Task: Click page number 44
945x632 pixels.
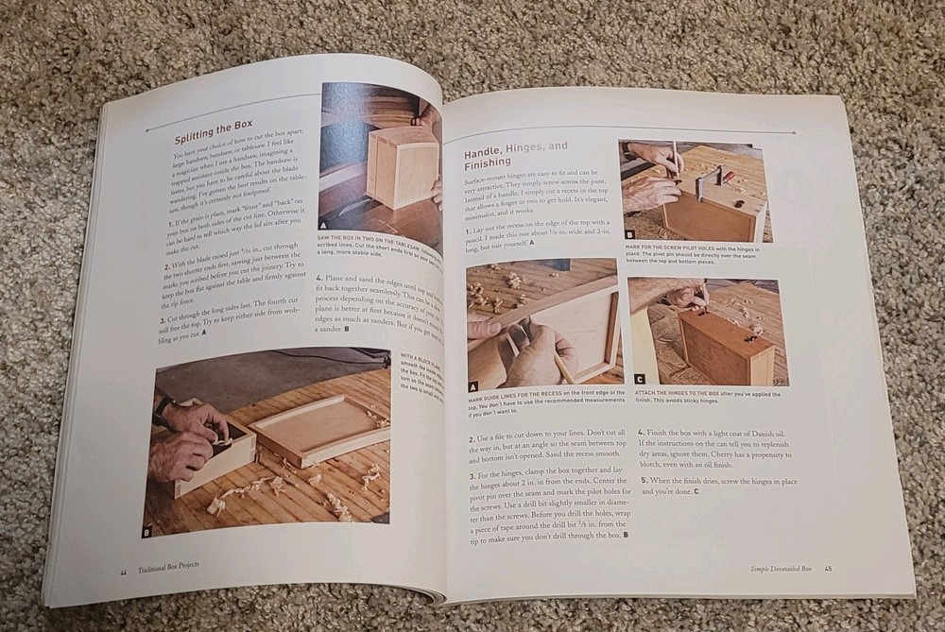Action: pos(123,572)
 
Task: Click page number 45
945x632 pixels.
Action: pos(828,568)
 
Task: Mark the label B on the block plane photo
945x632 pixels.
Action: pos(147,533)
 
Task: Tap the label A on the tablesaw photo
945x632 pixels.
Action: pos(324,227)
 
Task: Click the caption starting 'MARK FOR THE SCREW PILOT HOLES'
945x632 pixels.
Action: pos(695,253)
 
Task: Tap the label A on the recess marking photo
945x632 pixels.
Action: pos(473,386)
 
